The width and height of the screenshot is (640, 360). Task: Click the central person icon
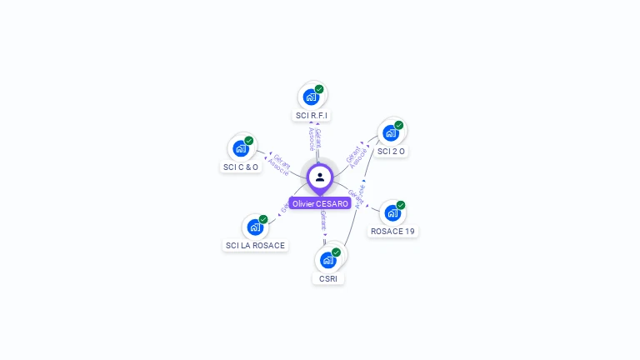point(320,177)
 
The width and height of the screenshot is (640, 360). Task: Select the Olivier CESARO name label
point(320,203)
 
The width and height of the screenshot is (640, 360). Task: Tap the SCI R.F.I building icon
point(312,97)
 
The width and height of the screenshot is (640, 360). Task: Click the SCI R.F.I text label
point(312,115)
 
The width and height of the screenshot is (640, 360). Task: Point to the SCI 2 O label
point(391,152)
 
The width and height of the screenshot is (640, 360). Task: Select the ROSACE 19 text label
point(392,231)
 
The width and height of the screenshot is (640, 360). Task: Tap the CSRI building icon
point(328,260)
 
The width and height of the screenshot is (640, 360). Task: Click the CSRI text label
point(328,278)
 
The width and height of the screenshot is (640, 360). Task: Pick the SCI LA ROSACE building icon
point(255,227)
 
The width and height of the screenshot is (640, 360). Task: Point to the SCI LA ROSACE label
point(255,245)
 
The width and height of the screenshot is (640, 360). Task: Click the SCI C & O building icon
point(241,148)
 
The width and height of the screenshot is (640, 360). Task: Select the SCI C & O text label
point(241,167)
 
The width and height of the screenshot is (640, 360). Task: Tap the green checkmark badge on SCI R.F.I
point(319,89)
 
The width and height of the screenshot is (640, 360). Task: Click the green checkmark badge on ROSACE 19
point(401,205)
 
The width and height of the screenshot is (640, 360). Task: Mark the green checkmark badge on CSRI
point(336,252)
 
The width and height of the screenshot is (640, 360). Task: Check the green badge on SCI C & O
point(248,141)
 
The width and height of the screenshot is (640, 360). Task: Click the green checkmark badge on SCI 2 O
point(399,125)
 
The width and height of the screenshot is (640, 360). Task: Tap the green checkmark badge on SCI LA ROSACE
point(263,219)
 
